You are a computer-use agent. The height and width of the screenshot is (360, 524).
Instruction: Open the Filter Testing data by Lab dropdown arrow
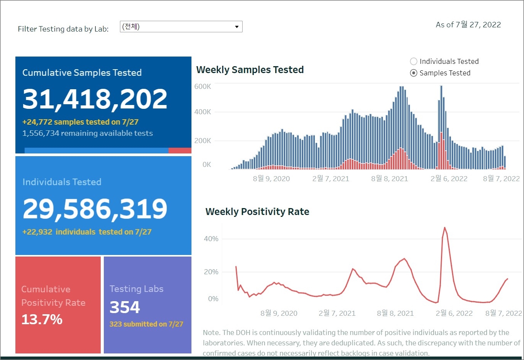coord(237,27)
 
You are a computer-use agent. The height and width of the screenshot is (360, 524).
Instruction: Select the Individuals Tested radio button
coord(414,62)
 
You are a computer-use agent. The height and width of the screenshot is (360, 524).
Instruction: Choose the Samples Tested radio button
coord(414,73)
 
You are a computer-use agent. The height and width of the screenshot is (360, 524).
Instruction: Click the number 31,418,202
coord(95,99)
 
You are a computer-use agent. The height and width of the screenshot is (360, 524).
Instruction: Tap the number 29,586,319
coord(95,209)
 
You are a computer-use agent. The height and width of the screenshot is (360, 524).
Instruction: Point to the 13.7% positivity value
coord(42,320)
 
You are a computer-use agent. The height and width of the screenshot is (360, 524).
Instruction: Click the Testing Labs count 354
coord(125,307)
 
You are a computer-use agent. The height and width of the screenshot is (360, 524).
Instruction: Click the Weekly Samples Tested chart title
coord(250,70)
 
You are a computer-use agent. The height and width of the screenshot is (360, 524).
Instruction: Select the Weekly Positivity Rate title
coord(257,212)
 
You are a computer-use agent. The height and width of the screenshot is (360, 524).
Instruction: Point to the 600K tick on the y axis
coord(203,87)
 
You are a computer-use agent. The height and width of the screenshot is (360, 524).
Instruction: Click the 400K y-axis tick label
coord(203,112)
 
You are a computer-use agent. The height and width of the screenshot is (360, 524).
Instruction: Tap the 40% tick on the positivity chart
coord(211,239)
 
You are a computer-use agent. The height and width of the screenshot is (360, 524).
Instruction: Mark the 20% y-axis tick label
coord(211,272)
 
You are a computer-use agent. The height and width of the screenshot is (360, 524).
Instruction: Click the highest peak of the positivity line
coord(445,228)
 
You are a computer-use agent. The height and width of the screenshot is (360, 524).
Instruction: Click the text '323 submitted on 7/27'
coord(146,324)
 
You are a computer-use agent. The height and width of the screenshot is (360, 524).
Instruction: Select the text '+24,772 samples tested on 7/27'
coord(80,122)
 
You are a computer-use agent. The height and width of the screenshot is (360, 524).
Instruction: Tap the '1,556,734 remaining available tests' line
coord(88,133)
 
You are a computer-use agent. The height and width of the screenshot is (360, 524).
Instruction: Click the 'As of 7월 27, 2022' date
coord(468,25)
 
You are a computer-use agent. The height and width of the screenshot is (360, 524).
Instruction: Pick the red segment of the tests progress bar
coord(180,150)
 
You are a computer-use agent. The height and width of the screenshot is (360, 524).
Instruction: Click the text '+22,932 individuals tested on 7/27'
coord(87,232)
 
